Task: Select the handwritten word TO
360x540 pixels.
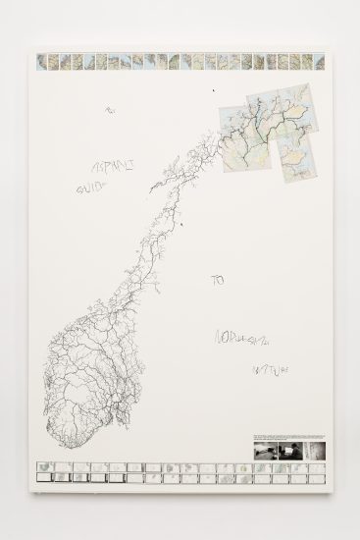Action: [x=218, y=280]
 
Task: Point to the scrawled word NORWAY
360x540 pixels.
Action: [x=243, y=341]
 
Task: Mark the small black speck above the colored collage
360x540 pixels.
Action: [x=212, y=90]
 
